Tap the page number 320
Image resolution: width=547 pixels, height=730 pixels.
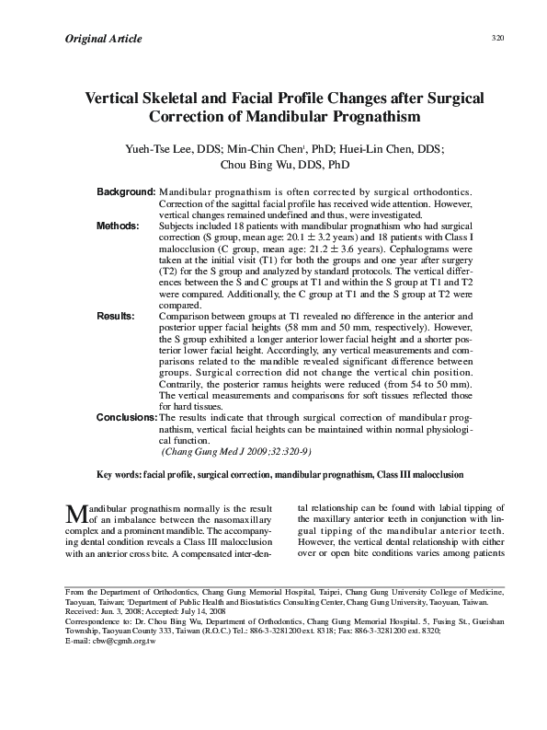point(498,38)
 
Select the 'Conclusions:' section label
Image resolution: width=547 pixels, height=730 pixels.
point(127,417)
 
